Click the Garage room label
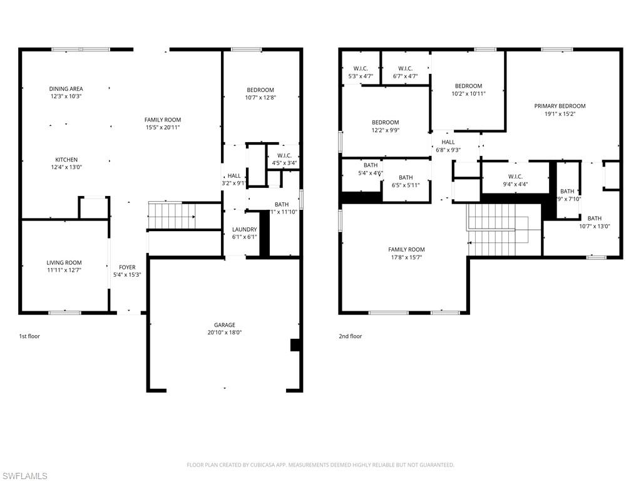pyautogui.click(x=225, y=324)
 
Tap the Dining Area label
pyautogui.click(x=66, y=89)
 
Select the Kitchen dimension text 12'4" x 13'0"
pyautogui.click(x=66, y=167)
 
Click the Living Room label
pyautogui.click(x=64, y=262)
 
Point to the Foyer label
pyautogui.click(x=127, y=267)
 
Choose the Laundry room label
pyautogui.click(x=244, y=229)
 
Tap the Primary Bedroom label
pyautogui.click(x=560, y=106)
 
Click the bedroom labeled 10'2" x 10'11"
pyautogui.click(x=468, y=86)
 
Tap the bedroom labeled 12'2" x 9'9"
pyautogui.click(x=385, y=122)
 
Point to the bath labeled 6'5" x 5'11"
pyautogui.click(x=406, y=177)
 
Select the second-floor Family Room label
pyautogui.click(x=406, y=249)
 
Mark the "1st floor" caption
pyautogui.click(x=29, y=336)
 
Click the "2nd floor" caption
pyautogui.click(x=351, y=336)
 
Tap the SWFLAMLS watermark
pyautogui.click(x=25, y=476)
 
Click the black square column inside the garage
pyautogui.click(x=295, y=345)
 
